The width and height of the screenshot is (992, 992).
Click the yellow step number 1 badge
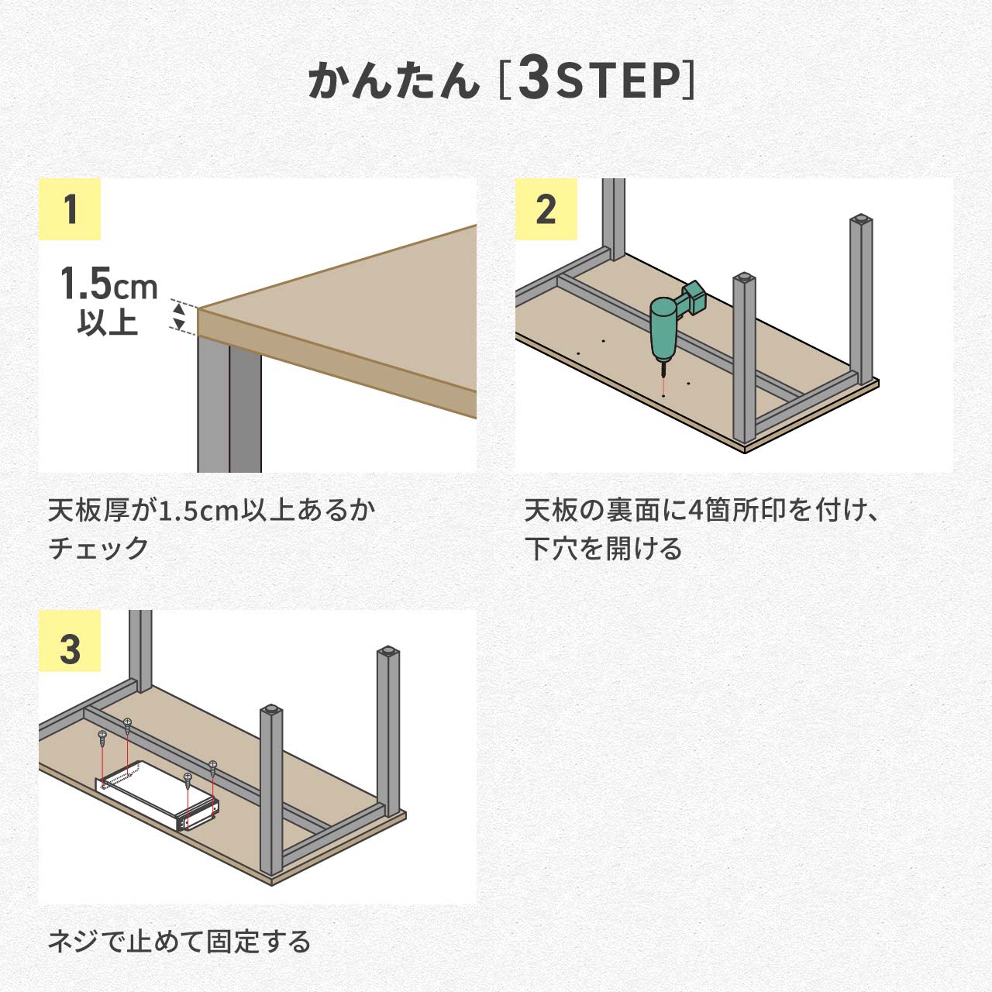[x=70, y=209]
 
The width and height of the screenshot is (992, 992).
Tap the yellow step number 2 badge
[x=546, y=209]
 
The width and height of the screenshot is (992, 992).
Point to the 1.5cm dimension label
[x=108, y=284]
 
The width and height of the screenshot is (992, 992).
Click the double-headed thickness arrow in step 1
[x=179, y=316]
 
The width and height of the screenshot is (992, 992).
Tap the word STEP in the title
[x=617, y=81]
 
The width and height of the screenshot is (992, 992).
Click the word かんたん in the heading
[x=394, y=81]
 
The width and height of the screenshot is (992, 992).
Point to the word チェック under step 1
[x=98, y=548]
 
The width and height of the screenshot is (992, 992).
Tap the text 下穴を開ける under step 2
[x=604, y=548]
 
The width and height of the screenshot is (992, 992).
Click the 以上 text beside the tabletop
[x=108, y=322]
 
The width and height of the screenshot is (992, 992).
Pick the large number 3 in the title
[x=534, y=79]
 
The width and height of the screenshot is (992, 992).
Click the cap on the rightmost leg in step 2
[x=859, y=219]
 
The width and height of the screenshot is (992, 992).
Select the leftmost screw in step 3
[x=102, y=735]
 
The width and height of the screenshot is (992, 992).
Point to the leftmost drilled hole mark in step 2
[x=578, y=353]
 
